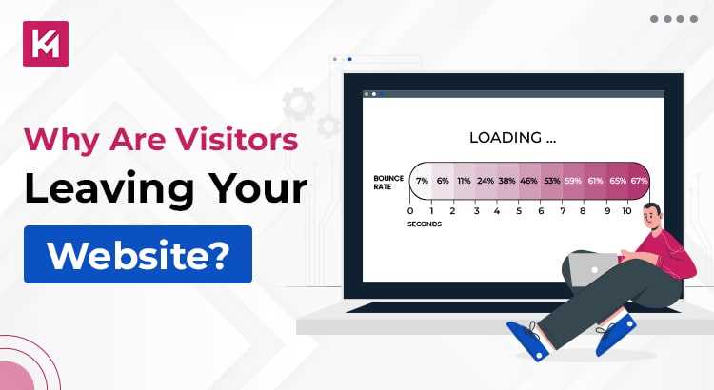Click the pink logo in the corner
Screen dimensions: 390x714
45,43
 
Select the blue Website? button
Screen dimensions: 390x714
138,253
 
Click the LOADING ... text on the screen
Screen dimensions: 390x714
512,137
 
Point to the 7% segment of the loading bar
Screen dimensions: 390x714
422,181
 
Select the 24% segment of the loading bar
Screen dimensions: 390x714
486,181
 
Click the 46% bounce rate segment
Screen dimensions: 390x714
529,181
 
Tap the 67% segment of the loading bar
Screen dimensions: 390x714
639,181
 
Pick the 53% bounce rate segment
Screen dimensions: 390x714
551,181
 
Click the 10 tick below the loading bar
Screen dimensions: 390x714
626,210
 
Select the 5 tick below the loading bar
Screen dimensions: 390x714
518,210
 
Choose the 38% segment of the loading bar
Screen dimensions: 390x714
507,181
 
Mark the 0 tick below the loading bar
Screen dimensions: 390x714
410,210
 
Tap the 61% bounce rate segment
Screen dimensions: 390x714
595,181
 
